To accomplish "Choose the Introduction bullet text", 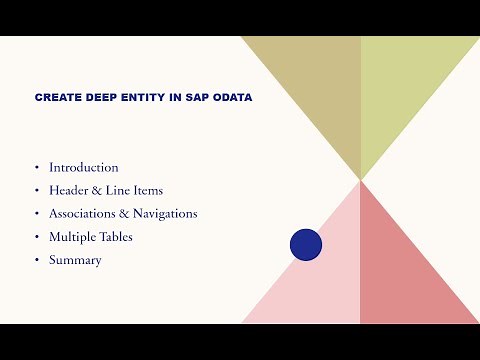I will tap(84, 167).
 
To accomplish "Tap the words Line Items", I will tap(133, 190).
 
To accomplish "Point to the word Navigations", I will tap(164, 213).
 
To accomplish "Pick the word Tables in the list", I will tap(117, 237).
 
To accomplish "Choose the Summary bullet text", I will tap(75, 260).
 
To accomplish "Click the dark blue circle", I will tap(306, 245).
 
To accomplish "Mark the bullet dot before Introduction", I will tap(37, 168).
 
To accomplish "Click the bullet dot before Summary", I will tap(37, 261).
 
